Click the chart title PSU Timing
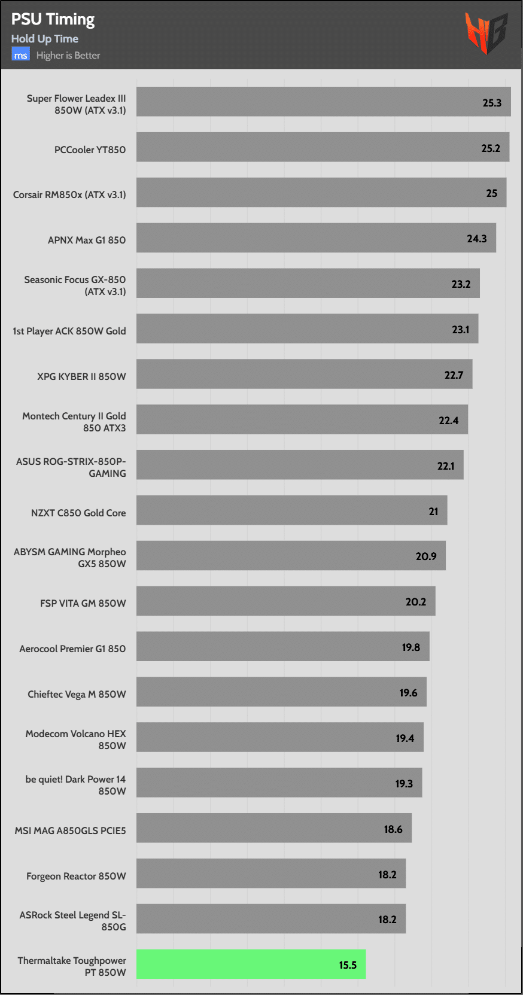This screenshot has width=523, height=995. pos(53,20)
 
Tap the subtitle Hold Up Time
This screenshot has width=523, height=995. pos(45,39)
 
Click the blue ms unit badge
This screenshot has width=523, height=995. pos(20,55)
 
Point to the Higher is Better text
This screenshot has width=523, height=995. pos(68,56)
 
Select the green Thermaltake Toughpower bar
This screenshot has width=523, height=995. pos(251,964)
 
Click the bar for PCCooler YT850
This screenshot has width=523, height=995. pos(323,147)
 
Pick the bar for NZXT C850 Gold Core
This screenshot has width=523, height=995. pos(291,510)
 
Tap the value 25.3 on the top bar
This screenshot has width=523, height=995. pos(492,103)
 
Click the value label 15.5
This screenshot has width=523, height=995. pos(348,965)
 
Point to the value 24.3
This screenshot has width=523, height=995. pos(477,239)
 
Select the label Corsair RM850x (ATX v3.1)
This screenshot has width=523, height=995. pos(69,194)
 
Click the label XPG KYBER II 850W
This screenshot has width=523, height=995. pos(81,376)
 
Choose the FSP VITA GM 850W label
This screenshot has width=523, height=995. pos(83,603)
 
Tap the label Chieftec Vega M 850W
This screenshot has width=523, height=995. pos(77,694)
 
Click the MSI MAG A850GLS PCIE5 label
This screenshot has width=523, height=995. pos(70,830)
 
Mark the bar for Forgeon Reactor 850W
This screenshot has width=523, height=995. pos(270,874)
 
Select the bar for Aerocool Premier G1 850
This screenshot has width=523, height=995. pos(282,646)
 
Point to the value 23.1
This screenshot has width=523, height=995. pos(460,330)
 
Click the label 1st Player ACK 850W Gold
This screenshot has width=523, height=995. pos(69,331)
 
